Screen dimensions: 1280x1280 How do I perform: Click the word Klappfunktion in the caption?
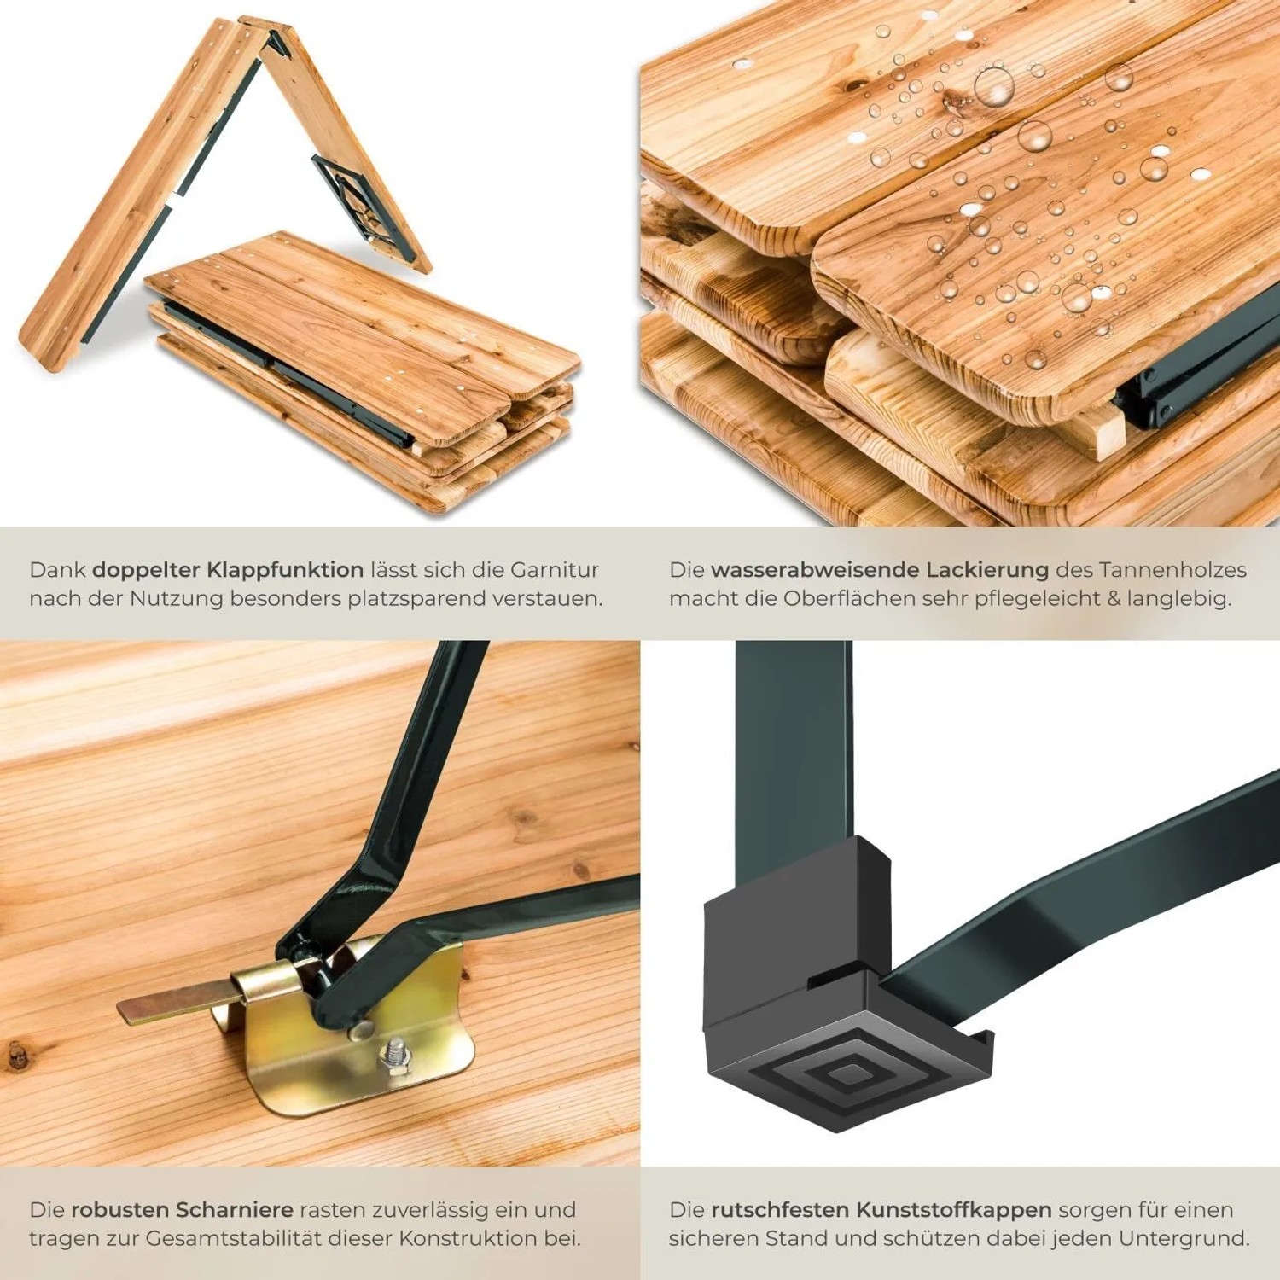pyautogui.click(x=285, y=570)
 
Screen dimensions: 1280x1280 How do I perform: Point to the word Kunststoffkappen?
pyautogui.click(x=954, y=1210)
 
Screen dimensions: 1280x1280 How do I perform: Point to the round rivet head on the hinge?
pyautogui.click(x=360, y=1030)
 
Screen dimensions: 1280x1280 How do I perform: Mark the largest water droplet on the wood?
pyautogui.click(x=994, y=86)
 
